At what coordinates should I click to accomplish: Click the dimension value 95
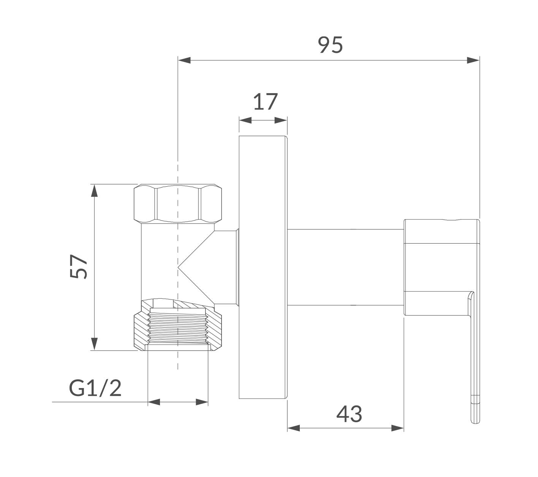tap(330, 45)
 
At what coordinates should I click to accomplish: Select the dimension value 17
tap(265, 101)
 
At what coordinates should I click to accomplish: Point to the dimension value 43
tap(349, 414)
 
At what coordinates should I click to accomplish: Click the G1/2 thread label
tap(95, 388)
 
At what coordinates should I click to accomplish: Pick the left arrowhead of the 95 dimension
tap(184, 60)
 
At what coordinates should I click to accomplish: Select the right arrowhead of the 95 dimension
tap(473, 60)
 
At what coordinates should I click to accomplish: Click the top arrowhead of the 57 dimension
tap(94, 190)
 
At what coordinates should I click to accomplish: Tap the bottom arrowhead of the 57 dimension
tap(94, 344)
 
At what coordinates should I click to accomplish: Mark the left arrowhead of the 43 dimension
tap(294, 428)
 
